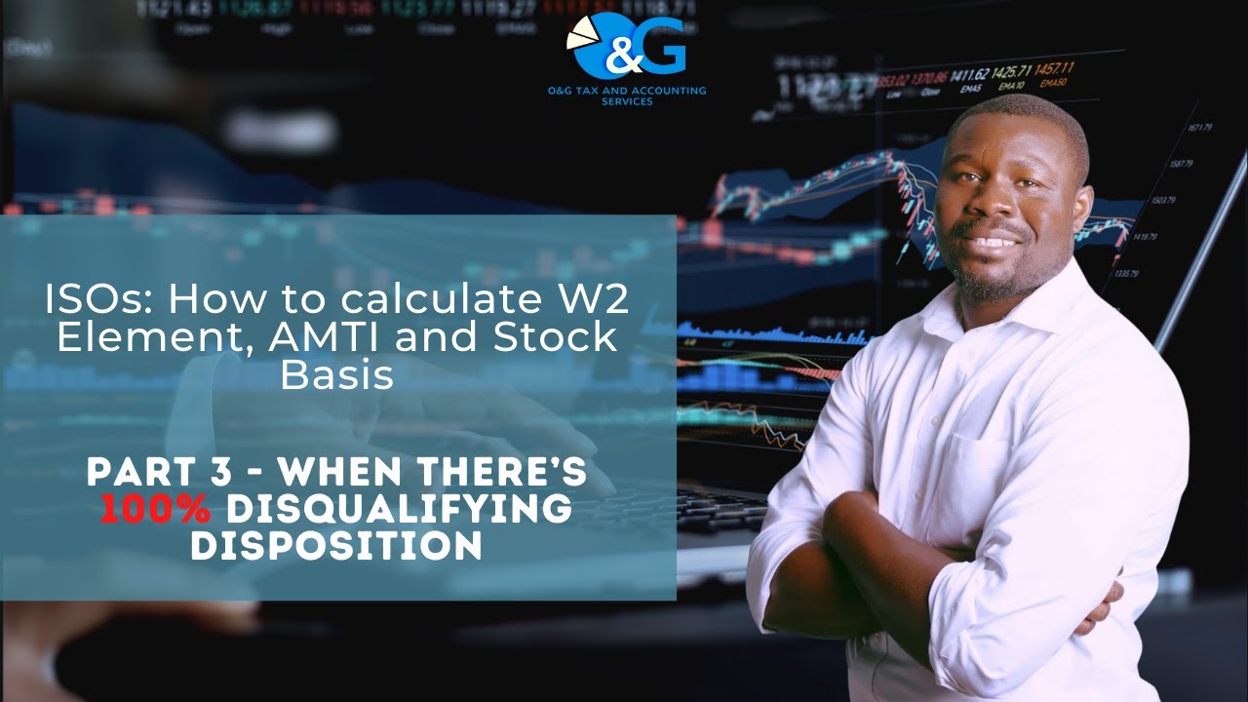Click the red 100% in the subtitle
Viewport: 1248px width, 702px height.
(155, 508)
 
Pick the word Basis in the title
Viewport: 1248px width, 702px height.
(336, 375)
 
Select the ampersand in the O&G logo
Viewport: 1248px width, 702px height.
(622, 57)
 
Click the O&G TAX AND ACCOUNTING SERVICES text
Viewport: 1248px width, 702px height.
(627, 95)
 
